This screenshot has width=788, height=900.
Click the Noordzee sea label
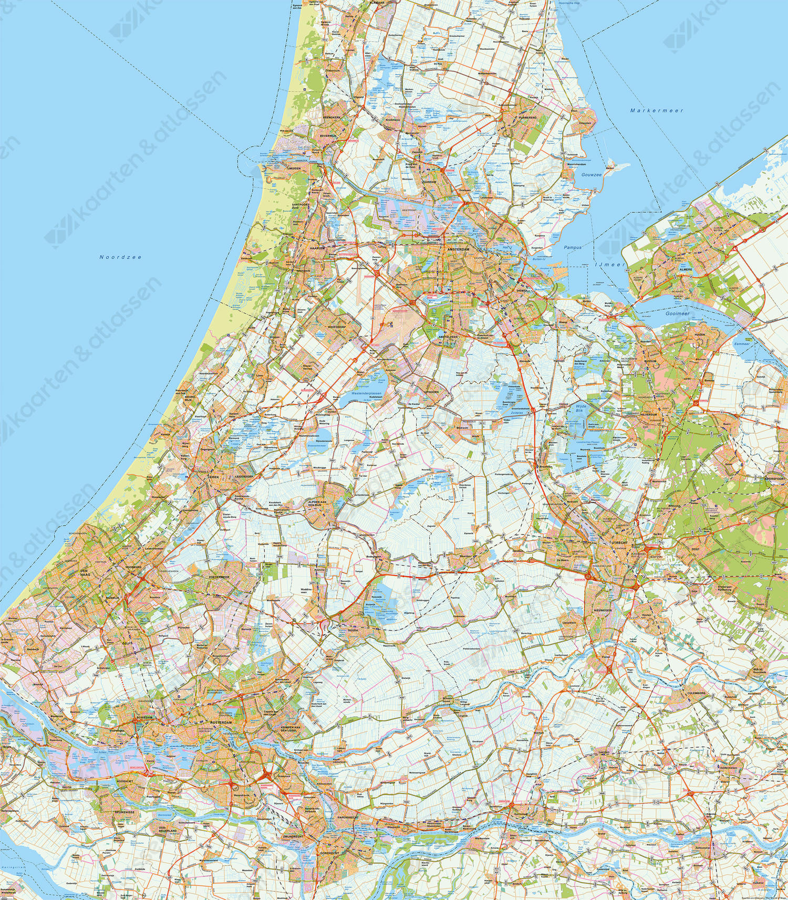(x=120, y=257)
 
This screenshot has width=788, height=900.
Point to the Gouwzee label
(x=592, y=174)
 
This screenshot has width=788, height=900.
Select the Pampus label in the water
(x=573, y=247)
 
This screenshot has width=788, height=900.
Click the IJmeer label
(x=610, y=265)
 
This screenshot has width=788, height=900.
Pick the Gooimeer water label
(x=677, y=313)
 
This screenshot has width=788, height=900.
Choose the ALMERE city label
(x=685, y=270)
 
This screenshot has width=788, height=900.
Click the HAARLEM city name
(x=318, y=247)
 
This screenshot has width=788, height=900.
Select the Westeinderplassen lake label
(x=366, y=393)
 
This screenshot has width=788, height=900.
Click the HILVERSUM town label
(x=649, y=414)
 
